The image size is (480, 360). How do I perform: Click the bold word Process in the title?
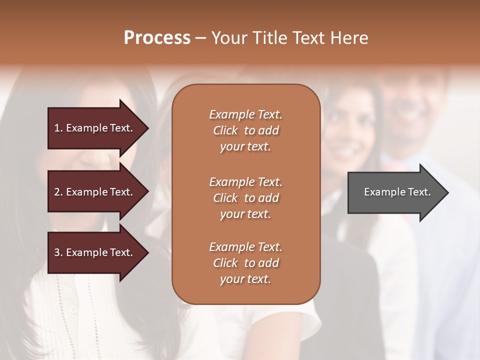click(157, 38)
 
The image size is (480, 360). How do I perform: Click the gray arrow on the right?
click(395, 192)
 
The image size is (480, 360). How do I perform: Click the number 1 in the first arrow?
click(57, 128)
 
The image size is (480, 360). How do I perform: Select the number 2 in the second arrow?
click(57, 192)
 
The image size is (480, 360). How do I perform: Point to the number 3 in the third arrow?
click(57, 252)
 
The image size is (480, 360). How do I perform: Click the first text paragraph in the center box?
click(245, 130)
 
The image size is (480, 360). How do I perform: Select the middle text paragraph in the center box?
click(245, 198)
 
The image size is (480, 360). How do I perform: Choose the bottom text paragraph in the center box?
click(245, 263)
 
